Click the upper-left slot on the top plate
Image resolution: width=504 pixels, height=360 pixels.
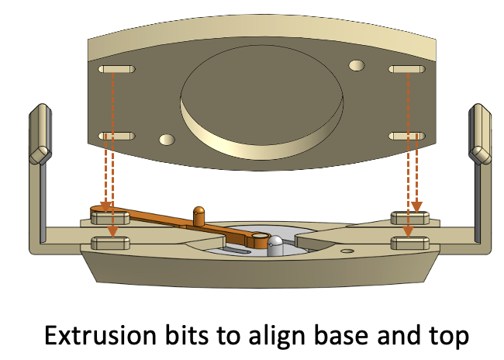coord(116,69)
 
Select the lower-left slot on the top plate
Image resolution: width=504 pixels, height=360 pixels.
coord(116,136)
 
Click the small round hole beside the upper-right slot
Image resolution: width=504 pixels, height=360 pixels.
coord(357,65)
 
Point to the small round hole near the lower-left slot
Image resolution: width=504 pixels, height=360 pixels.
coord(165,140)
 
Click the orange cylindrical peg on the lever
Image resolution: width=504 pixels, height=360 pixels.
coord(199,214)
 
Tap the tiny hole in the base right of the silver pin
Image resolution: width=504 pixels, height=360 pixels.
coord(347,250)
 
